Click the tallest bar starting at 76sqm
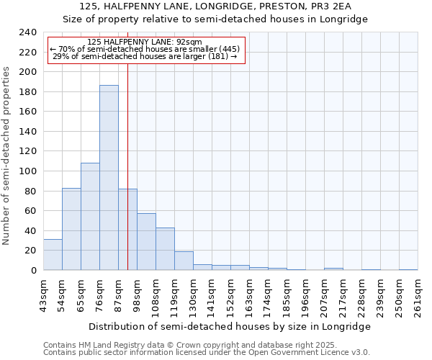[109, 178]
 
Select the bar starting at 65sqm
[90, 216]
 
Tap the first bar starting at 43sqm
[53, 255]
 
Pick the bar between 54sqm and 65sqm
[71, 229]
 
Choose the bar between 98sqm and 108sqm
[146, 242]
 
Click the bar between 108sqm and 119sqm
[165, 249]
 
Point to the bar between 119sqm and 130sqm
[184, 261]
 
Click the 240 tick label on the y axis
[28, 32]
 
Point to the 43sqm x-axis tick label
[44, 294]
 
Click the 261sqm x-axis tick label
[418, 294]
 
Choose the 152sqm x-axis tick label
[231, 294]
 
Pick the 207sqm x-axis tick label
[325, 294]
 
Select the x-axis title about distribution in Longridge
[230, 326]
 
